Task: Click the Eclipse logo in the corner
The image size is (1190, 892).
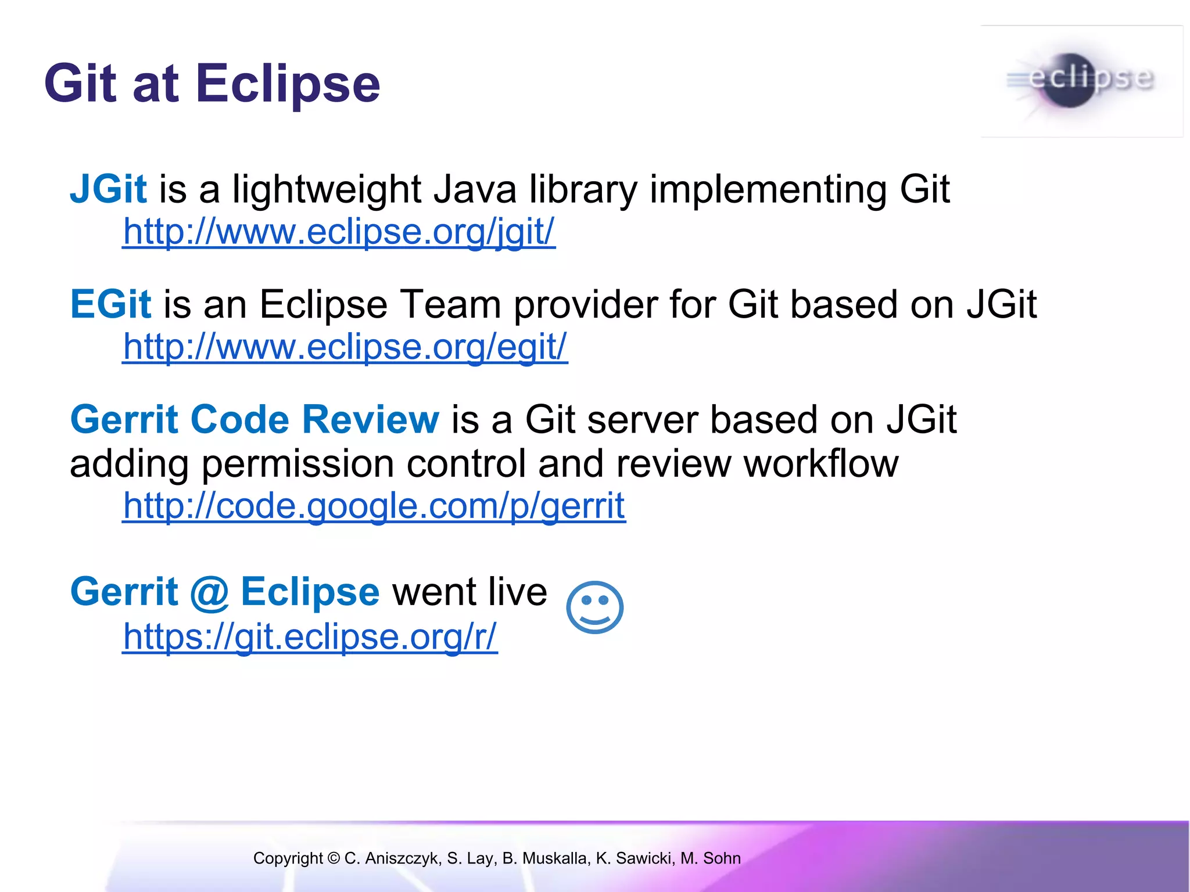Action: tap(1081, 81)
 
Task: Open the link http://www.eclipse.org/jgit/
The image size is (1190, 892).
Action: tap(339, 232)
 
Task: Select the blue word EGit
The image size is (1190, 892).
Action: tap(110, 304)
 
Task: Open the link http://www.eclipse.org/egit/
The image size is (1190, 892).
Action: tap(345, 347)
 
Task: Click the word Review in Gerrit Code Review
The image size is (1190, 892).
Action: tap(370, 419)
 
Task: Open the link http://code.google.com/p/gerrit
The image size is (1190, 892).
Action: tap(374, 506)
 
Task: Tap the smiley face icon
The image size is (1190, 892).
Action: tap(594, 607)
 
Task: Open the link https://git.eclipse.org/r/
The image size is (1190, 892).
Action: tap(310, 636)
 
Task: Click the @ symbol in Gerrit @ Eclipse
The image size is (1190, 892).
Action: tap(209, 592)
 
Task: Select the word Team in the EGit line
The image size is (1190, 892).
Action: tap(451, 304)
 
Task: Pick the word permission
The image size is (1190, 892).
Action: tap(297, 464)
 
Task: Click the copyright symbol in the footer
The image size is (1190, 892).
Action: tap(333, 858)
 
